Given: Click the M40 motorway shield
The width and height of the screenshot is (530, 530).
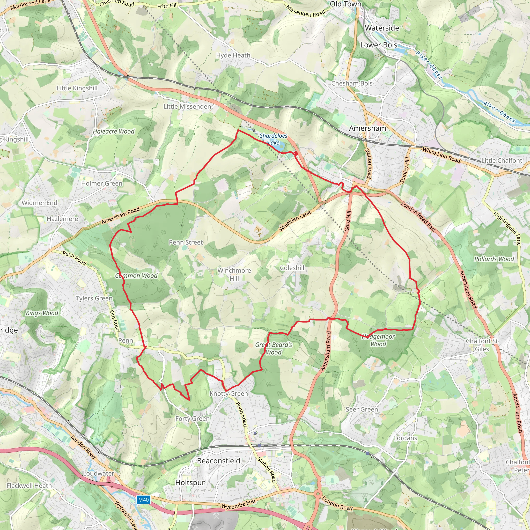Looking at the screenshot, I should [x=143, y=499].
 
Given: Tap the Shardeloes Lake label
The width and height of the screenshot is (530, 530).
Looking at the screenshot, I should [x=274, y=139].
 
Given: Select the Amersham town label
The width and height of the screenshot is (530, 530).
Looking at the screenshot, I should [x=367, y=128].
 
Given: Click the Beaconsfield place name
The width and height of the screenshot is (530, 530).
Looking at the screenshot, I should [x=219, y=461].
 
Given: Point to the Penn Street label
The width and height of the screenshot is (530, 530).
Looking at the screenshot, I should [x=186, y=242].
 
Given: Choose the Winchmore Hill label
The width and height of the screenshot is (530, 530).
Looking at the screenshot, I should [x=234, y=274].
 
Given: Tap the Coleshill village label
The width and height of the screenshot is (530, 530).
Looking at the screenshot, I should [x=292, y=268].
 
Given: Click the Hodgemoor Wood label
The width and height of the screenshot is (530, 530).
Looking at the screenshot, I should [x=378, y=340].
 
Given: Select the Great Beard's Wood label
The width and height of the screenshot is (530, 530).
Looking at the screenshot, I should [x=274, y=348].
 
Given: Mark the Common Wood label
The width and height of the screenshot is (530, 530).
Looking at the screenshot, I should [x=136, y=275].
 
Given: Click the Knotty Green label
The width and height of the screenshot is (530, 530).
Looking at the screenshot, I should [x=229, y=393].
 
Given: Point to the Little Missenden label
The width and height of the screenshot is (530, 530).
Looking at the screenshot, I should [x=187, y=106].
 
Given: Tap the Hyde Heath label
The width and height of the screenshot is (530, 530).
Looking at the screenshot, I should [x=233, y=55].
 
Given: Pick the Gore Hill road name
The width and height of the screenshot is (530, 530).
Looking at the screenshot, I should [x=348, y=221].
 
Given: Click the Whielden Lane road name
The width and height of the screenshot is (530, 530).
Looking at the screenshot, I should [x=295, y=221].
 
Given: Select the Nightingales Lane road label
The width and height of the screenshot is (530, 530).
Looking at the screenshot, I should [x=507, y=228].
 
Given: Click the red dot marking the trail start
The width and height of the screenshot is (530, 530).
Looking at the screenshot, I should [x=296, y=153].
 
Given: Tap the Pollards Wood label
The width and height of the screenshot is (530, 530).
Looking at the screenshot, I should [x=494, y=259].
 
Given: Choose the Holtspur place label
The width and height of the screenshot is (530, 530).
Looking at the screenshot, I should [x=190, y=483].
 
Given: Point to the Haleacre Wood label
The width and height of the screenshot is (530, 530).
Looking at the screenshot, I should [x=114, y=131].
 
